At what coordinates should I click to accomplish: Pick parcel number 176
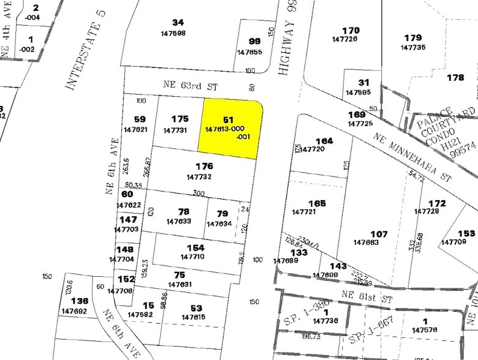coord(204,166)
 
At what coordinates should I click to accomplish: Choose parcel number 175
coord(180,119)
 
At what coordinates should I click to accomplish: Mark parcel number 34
coord(178,23)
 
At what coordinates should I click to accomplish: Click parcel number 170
coord(351,30)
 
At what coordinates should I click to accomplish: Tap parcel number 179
coord(413,37)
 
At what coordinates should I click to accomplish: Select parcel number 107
coord(379,234)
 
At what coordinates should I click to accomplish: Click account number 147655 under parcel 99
coord(249,52)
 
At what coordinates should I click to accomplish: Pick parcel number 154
coord(195,247)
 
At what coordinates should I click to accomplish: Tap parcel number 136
coord(79,301)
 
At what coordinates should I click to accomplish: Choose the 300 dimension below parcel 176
coord(198,193)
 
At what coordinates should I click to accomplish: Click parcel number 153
coord(466,233)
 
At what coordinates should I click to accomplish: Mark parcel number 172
coord(437,203)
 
